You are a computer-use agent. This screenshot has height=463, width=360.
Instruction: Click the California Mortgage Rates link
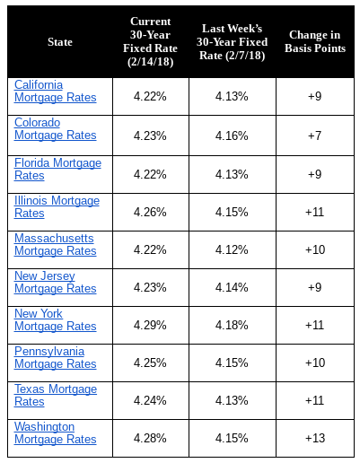point(56,92)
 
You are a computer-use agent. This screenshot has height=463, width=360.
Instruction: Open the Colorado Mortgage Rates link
point(56,129)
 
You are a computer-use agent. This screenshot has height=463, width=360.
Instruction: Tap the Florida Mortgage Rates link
point(57,170)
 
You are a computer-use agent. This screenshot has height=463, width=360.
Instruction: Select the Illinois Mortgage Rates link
point(57,207)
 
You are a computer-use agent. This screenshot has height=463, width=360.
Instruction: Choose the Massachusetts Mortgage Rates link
point(56,245)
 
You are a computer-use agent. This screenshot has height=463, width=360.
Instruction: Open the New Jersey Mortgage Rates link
point(56,283)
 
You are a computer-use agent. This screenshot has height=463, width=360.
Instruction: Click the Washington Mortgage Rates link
point(56,433)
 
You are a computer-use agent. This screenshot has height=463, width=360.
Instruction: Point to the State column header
point(60,42)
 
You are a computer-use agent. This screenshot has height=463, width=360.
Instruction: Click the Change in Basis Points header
point(315,41)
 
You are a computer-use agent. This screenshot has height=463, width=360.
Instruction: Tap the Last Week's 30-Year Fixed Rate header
point(232,42)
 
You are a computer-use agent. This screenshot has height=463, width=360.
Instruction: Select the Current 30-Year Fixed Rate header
point(150,42)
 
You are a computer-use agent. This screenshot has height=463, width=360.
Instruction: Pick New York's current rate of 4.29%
point(150,325)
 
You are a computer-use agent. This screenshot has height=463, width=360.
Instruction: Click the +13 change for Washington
point(315,438)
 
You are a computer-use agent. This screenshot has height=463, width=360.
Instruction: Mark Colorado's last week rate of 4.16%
point(232,135)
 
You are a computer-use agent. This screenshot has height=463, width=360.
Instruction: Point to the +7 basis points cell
point(315,135)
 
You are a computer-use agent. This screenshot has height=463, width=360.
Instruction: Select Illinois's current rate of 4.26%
point(150,212)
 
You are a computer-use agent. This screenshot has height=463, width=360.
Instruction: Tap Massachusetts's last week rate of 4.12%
point(232,249)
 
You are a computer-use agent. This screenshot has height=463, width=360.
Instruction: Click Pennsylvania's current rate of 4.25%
point(150,363)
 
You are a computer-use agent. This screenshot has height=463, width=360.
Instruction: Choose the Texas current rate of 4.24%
point(150,400)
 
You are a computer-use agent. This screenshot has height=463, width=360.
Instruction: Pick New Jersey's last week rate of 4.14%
point(232,287)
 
